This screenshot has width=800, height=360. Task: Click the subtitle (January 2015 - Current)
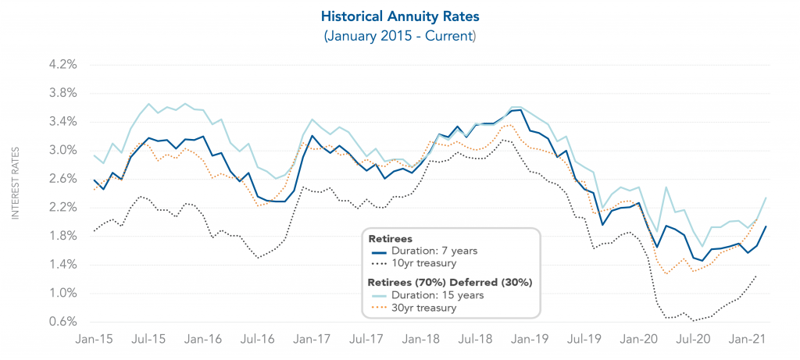point(400,36)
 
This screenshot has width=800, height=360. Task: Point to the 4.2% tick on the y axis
point(62,65)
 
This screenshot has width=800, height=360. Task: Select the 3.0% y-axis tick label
point(62,151)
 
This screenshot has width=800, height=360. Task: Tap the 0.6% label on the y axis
point(62,323)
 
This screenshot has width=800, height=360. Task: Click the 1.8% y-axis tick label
point(62,237)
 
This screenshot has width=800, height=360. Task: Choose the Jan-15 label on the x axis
point(94,341)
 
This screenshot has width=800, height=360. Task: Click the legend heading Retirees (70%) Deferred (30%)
point(450,281)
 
